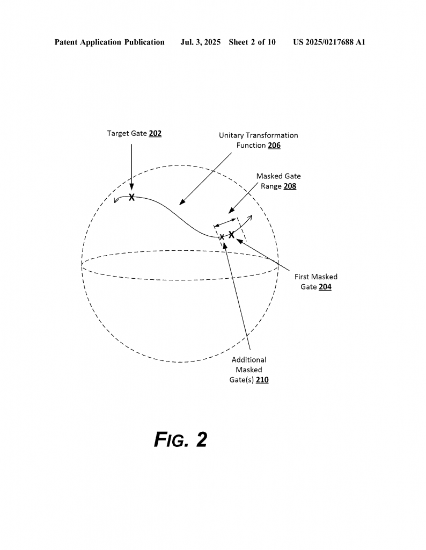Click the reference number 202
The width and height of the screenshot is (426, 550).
coord(155,133)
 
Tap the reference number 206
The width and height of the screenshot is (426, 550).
coord(274,145)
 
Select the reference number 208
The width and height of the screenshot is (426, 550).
coord(290,186)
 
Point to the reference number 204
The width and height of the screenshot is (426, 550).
coord(325,287)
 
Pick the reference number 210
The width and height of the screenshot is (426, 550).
coord(262,380)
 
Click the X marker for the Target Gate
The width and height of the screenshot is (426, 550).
coord(132,197)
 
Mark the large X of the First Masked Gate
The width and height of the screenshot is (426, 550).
coord(232,235)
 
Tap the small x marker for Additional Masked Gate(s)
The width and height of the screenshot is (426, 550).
coord(222,237)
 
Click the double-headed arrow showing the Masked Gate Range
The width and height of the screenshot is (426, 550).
coord(225,222)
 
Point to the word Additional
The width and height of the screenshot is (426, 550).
coord(249,359)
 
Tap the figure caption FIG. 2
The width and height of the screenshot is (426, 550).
coord(181,439)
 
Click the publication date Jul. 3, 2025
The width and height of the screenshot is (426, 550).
coord(200,42)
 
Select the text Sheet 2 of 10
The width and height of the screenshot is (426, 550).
coord(252,42)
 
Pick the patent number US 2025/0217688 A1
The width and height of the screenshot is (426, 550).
coord(329,42)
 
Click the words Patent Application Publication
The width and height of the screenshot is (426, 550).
coord(109,42)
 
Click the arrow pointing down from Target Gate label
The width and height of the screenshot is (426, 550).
coord(132,167)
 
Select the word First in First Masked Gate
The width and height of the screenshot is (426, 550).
coord(302,277)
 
